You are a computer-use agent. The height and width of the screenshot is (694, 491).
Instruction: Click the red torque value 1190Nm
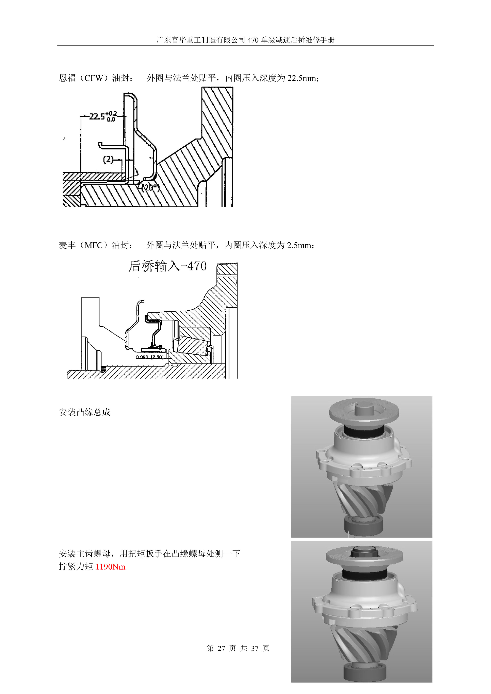pyautogui.click(x=111, y=567)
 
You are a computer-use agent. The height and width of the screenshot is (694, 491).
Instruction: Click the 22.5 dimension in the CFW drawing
pyautogui.click(x=97, y=116)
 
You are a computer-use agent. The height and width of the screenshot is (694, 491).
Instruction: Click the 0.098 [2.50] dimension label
pyautogui.click(x=150, y=357)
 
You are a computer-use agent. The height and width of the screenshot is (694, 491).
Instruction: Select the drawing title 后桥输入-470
pyautogui.click(x=168, y=266)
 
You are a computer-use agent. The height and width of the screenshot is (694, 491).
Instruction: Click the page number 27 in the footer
pyautogui.click(x=221, y=648)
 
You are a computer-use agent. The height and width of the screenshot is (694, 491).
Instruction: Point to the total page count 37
pyautogui.click(x=255, y=648)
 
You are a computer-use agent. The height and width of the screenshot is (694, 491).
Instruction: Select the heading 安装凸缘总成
pyautogui.click(x=85, y=412)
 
